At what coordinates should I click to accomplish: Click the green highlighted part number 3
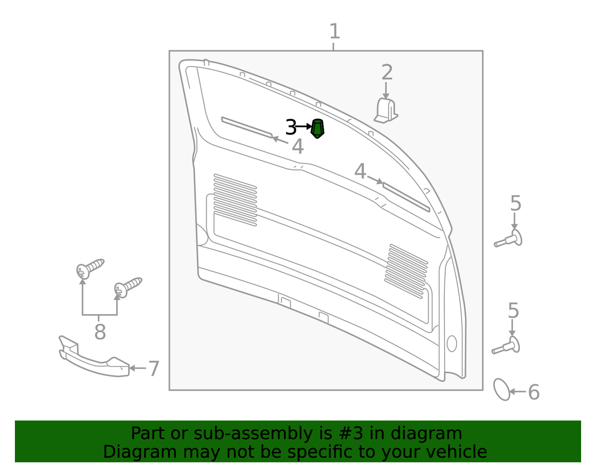[x=317, y=128]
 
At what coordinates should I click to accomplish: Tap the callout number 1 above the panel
[x=335, y=31]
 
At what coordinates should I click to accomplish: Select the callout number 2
[x=387, y=72]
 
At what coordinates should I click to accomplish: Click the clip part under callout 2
[x=386, y=110]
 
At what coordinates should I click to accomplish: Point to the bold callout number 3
[x=291, y=127]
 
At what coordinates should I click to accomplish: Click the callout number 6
[x=534, y=392]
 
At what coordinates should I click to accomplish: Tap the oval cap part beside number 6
[x=502, y=389]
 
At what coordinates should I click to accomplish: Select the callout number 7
[x=153, y=369]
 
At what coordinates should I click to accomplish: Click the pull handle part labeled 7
[x=94, y=357]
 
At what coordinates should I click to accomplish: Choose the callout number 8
[x=100, y=332]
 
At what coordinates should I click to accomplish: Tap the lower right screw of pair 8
[x=128, y=287]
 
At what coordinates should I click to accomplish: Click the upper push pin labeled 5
[x=508, y=239]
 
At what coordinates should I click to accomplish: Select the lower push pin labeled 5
[x=506, y=346]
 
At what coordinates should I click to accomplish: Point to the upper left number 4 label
[x=298, y=146]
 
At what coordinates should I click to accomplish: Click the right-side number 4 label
[x=360, y=171]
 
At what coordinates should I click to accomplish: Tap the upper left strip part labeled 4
[x=247, y=127]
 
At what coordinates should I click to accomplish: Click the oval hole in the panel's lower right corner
[x=452, y=343]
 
